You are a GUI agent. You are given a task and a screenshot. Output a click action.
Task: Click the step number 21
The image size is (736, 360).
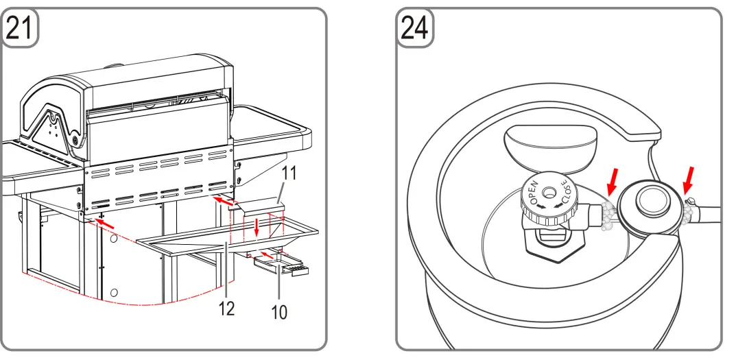click(x=20, y=29)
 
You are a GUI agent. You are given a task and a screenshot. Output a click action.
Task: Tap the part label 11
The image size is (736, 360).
click(x=289, y=173)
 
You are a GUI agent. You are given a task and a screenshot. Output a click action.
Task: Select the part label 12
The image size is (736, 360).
click(x=226, y=309)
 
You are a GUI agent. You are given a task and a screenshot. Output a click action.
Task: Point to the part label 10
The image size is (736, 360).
click(x=278, y=313)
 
